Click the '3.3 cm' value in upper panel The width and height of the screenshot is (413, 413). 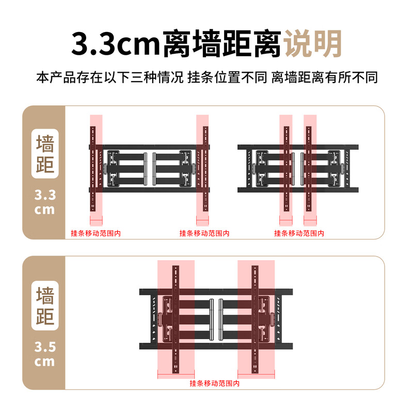click(x=44, y=202)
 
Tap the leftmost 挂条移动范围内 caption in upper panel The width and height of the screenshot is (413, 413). click(x=96, y=233)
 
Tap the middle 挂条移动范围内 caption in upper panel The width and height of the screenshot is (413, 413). click(x=204, y=233)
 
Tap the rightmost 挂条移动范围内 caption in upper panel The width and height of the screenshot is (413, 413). click(x=299, y=233)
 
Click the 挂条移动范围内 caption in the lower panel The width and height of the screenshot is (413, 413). click(x=214, y=384)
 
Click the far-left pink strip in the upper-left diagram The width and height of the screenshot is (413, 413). click(x=96, y=165)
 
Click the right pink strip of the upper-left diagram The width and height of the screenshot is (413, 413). click(x=202, y=165)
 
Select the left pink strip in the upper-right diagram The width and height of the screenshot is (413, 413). click(x=285, y=165)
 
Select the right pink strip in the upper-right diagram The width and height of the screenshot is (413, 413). click(x=310, y=165)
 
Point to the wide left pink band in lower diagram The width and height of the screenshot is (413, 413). click(x=176, y=315)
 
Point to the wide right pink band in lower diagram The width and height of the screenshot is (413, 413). click(x=255, y=315)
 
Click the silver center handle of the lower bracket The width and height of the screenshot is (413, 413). click(x=216, y=320)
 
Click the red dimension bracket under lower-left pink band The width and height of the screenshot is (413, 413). click(x=176, y=376)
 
